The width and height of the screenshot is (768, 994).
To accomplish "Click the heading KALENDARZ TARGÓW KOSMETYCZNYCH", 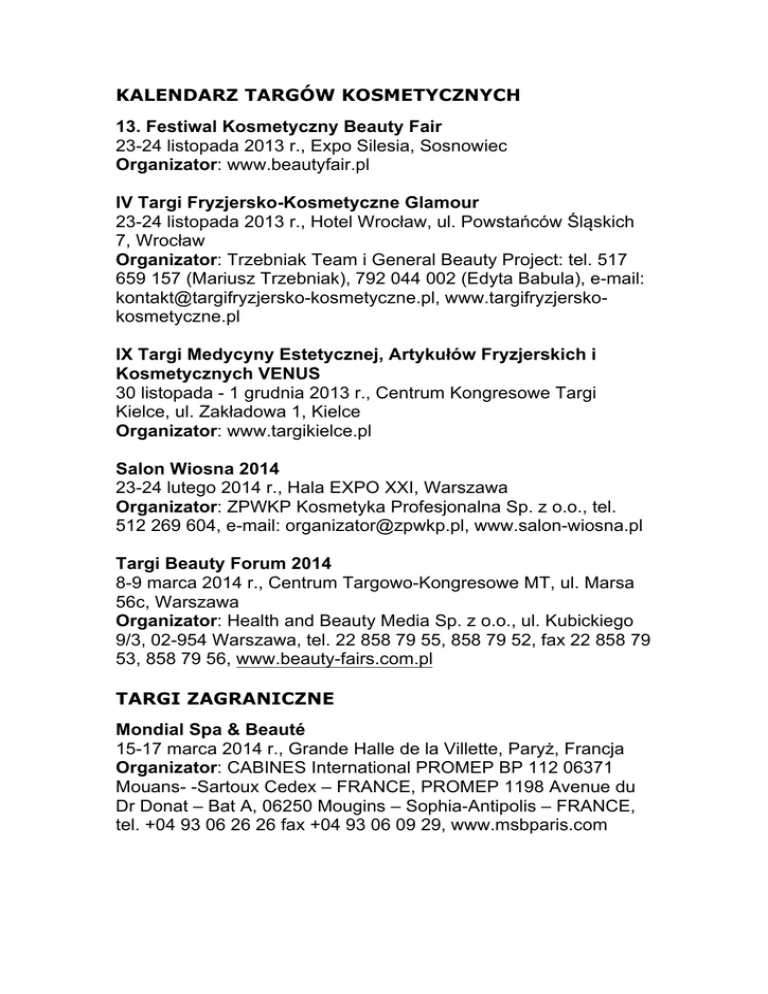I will click(x=317, y=96).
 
